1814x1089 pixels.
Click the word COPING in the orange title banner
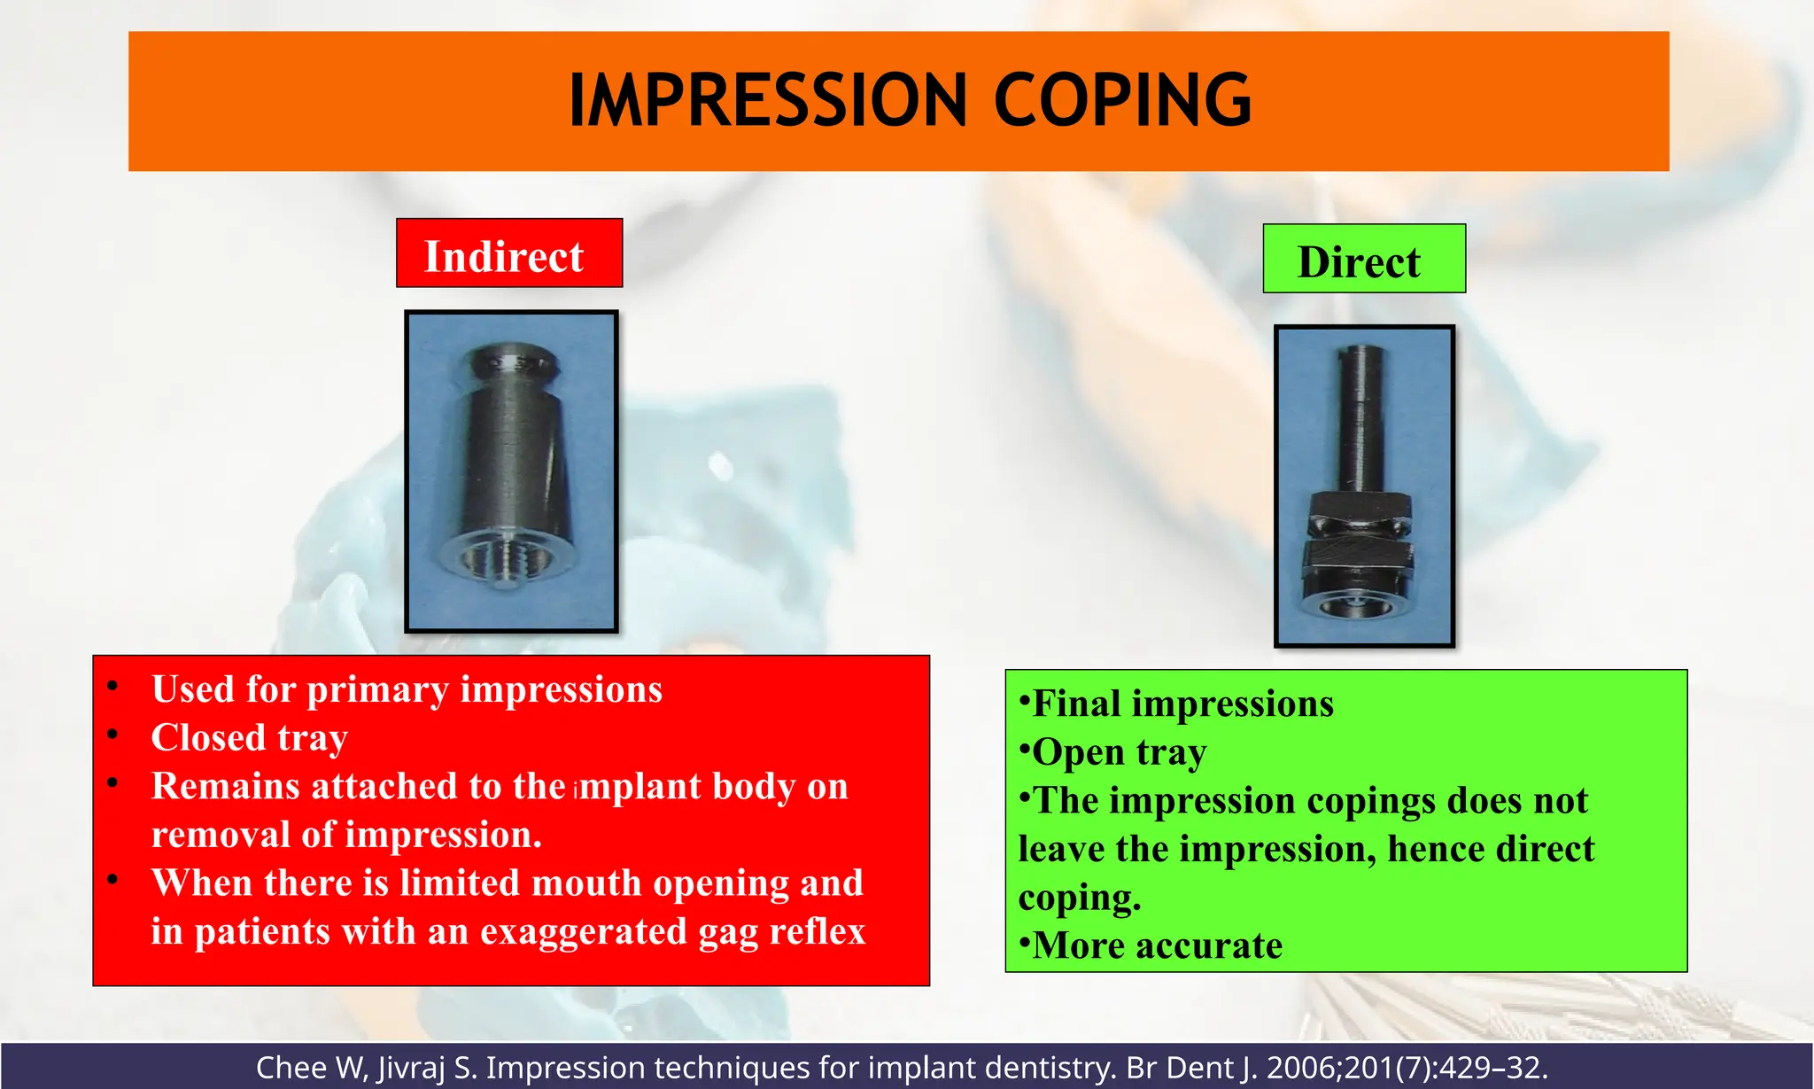1122,101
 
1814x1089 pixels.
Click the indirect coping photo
511,471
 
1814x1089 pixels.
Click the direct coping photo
1364,486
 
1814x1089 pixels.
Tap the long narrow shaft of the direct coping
1360,416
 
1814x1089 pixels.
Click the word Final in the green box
1077,704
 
